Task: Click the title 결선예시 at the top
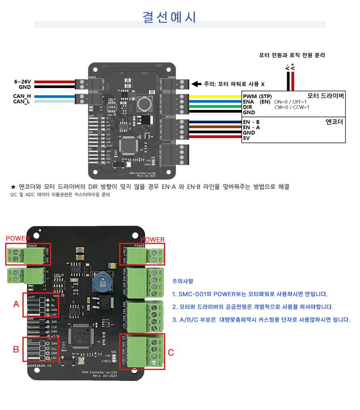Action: (169, 17)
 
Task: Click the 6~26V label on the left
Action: (22, 82)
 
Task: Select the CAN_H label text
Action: (22, 96)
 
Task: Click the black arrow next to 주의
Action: (196, 84)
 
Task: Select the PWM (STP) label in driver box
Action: (257, 96)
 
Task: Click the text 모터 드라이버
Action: (326, 96)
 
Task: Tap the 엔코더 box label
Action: (335, 122)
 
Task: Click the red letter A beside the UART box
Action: (16, 304)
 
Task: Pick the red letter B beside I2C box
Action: (16, 349)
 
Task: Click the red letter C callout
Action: (171, 352)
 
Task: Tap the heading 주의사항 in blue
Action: (182, 281)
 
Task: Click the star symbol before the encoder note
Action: (13, 187)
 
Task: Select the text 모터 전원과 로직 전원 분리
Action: (292, 55)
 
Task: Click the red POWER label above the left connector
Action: (18, 239)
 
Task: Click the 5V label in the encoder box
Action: (247, 138)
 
